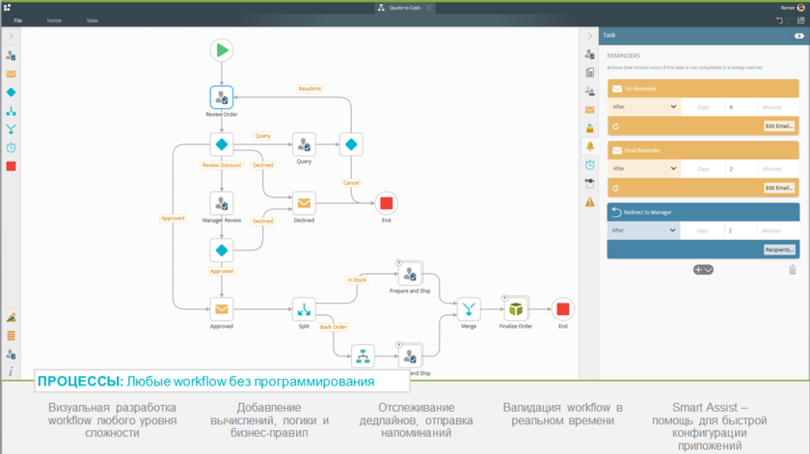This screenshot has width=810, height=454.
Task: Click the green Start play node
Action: coord(222,50)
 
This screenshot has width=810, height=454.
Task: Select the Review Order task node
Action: coord(222,97)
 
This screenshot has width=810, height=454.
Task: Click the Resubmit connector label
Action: coord(309,89)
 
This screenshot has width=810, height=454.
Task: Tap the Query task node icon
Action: coord(304,145)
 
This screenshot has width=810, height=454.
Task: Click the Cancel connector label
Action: coord(351,182)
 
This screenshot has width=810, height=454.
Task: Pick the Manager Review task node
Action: coord(222,203)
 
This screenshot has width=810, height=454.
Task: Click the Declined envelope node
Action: coord(304,203)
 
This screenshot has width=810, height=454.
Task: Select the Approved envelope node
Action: coord(222,309)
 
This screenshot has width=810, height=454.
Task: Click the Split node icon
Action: coord(304,309)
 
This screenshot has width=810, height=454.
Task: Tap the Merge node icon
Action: coord(469,309)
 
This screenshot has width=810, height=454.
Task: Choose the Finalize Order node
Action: coord(517,309)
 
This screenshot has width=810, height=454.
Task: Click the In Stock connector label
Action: coord(357,280)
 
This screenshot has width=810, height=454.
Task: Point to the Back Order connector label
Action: coord(333,327)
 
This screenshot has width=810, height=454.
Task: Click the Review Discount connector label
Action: coord(222,165)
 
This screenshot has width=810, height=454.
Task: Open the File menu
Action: coord(18,20)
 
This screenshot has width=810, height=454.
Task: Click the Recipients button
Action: coord(779,250)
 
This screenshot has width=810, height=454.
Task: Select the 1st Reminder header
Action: coord(702,89)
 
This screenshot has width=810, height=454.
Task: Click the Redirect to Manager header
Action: coord(702,212)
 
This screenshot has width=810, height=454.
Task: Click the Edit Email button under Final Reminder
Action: coord(779,188)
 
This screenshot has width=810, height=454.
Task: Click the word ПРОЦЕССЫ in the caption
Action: coord(80,382)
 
